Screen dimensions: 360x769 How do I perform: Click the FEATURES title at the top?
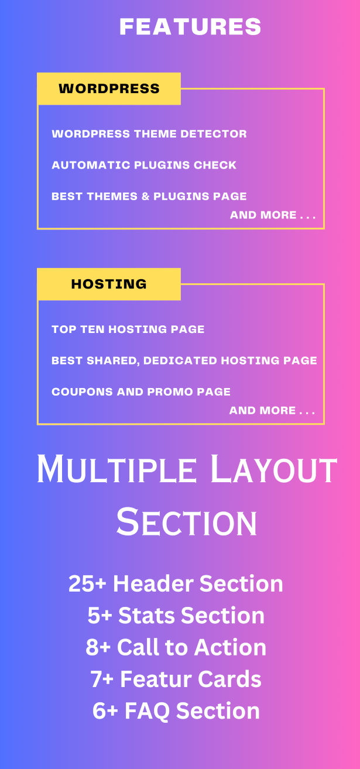[190, 27]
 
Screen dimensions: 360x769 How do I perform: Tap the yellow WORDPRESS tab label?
[109, 88]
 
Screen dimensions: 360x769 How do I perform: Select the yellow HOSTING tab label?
[109, 284]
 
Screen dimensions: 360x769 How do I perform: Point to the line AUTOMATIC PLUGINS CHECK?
[144, 165]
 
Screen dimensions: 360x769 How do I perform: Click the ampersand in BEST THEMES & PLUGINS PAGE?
[145, 197]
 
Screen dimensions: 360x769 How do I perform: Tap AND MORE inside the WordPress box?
[263, 215]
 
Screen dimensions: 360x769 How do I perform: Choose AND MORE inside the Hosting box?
[262, 410]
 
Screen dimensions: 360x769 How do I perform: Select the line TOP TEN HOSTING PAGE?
[128, 329]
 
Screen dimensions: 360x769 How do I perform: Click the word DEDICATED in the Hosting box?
[180, 361]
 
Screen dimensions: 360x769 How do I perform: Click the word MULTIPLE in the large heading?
[116, 469]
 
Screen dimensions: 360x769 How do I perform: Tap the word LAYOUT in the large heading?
[273, 469]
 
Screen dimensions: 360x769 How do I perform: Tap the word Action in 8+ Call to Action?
[230, 647]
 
